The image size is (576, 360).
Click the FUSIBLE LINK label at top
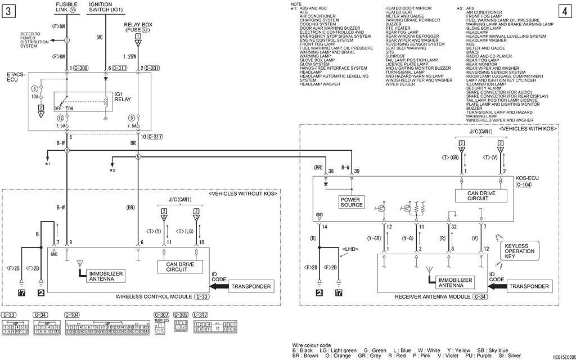click(67, 7)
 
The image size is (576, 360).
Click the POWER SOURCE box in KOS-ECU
click(352, 202)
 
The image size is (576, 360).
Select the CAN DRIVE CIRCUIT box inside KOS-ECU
click(480, 195)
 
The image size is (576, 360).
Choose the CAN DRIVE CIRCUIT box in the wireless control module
click(181, 267)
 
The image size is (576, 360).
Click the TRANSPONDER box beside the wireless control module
click(251, 287)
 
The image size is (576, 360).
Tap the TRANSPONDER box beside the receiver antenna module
click(529, 286)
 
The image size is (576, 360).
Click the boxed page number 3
click(8, 11)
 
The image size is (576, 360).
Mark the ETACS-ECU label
click(15, 77)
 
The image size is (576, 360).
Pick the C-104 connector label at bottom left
click(72, 314)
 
